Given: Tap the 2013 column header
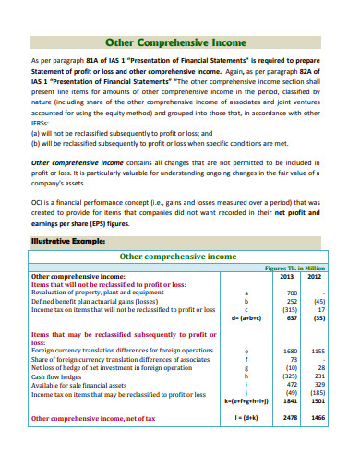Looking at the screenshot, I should click(287, 275).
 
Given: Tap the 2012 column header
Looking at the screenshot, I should click(315, 275).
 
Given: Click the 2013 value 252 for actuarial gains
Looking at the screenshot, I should click(291, 301).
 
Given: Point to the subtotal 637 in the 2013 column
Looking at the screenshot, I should click(290, 317).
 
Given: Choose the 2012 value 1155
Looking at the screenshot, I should click(317, 351).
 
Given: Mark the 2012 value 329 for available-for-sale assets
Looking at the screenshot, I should click(318, 384).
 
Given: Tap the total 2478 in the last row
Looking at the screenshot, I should click(289, 418).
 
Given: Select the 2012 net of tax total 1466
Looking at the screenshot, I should click(317, 418).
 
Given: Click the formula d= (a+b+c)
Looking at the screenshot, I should click(245, 317).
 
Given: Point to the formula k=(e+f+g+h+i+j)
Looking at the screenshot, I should click(245, 401).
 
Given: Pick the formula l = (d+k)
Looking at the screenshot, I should click(245, 418).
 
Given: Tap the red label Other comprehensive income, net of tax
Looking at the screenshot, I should click(95, 418).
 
